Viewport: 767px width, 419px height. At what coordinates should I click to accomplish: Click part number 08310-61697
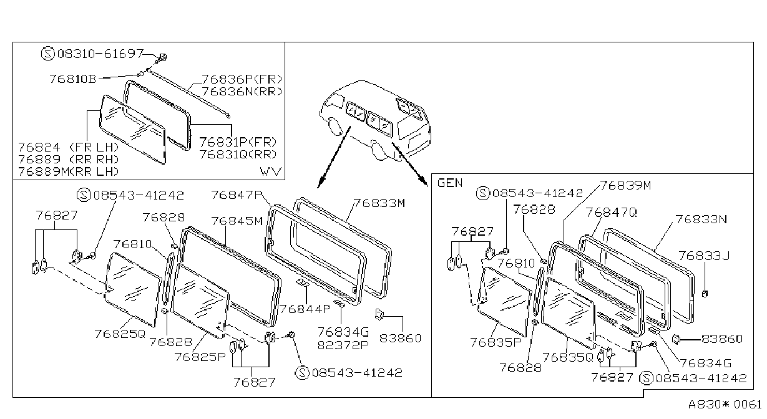100,54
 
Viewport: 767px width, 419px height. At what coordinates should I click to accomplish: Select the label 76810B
73,79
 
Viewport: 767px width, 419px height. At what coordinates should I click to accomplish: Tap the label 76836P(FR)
242,79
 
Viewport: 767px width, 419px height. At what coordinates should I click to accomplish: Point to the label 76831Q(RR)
238,154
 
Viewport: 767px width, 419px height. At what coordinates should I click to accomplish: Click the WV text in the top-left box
270,171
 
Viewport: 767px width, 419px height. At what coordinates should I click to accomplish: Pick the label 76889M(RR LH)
69,171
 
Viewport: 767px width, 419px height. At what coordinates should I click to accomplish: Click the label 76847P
237,195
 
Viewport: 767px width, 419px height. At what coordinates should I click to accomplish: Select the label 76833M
379,203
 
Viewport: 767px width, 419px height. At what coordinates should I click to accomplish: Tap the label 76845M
237,221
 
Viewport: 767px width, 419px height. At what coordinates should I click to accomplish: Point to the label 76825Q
120,334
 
